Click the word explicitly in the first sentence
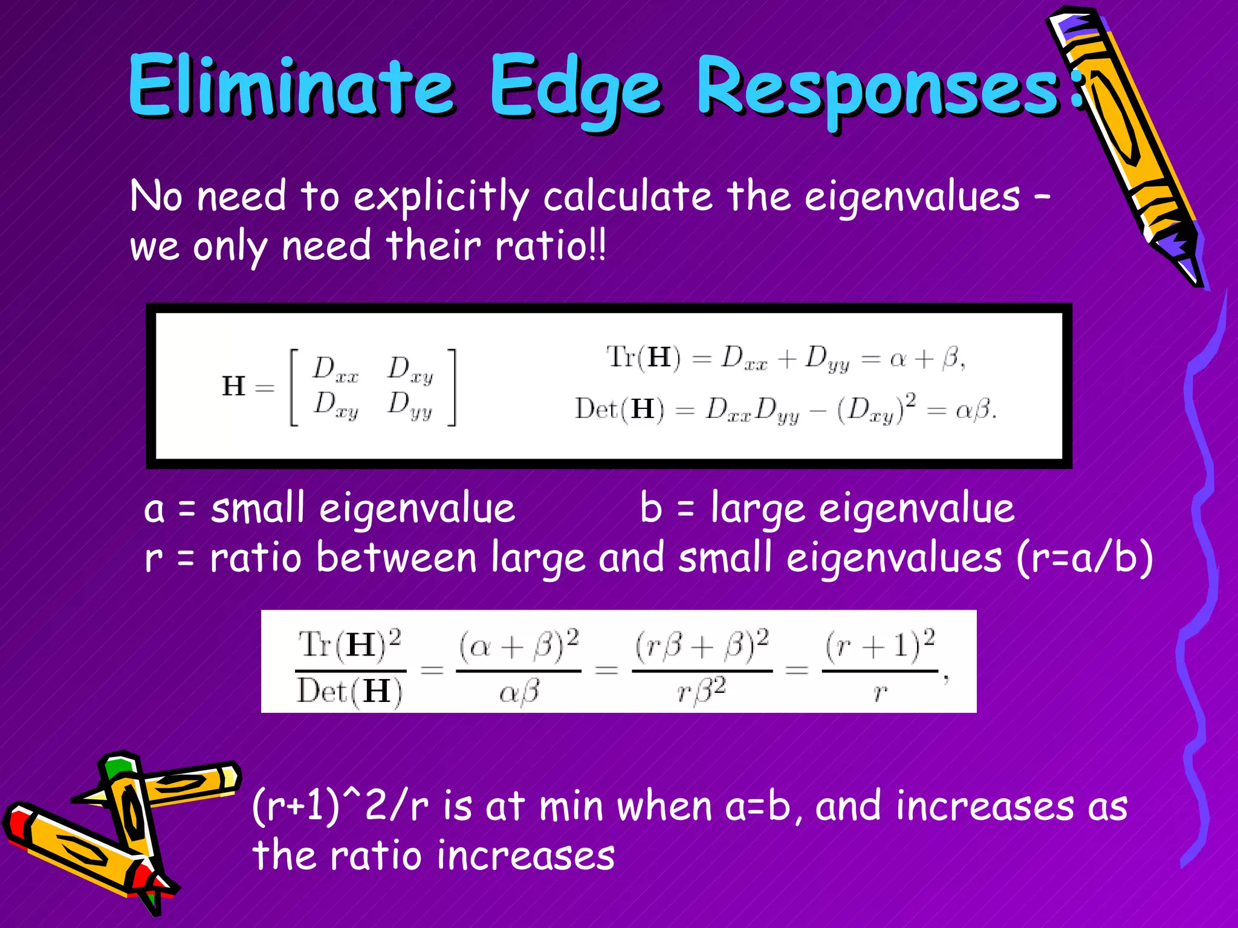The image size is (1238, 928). [x=441, y=198]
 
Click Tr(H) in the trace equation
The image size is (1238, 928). [x=644, y=358]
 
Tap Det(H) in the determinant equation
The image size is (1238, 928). [x=620, y=410]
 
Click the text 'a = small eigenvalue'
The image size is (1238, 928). [x=329, y=509]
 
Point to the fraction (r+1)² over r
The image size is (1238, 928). [x=880, y=668]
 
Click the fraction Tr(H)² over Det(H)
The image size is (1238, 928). [x=350, y=668]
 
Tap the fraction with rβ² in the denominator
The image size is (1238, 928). [x=701, y=668]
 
